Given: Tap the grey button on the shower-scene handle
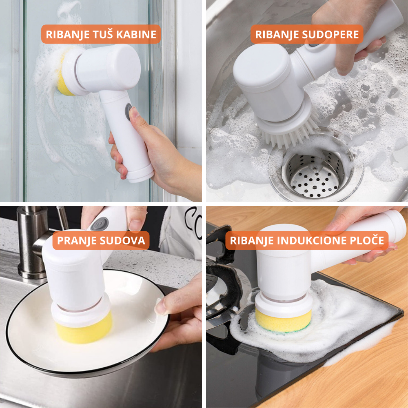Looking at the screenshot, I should (129, 111).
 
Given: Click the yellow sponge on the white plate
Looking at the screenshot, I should (84, 328).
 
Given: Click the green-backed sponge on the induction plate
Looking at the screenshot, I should (284, 320).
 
